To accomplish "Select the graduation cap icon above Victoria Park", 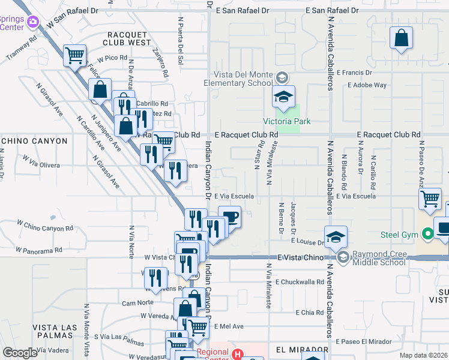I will [x=284, y=95].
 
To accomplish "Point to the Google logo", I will [x=20, y=353].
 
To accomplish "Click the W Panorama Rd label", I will [x=39, y=249].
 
